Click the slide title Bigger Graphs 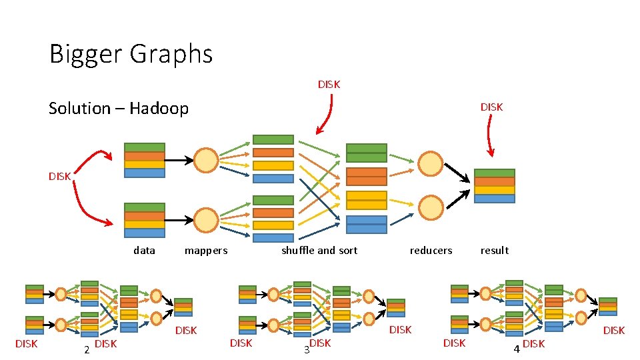click(131, 54)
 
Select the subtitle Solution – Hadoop click(119, 108)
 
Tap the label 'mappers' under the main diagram click(206, 251)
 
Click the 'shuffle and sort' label click(319, 251)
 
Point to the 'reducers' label click(431, 251)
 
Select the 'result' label click(495, 251)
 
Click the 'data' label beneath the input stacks click(144, 251)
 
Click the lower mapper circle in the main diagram click(206, 220)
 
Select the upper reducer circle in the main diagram click(431, 163)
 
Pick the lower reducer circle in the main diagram click(431, 207)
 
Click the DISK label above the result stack click(492, 107)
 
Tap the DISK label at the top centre click(329, 85)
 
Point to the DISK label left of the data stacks click(60, 177)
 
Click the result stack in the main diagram click(495, 186)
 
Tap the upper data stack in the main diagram click(145, 161)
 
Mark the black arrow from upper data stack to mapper click(179, 161)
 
